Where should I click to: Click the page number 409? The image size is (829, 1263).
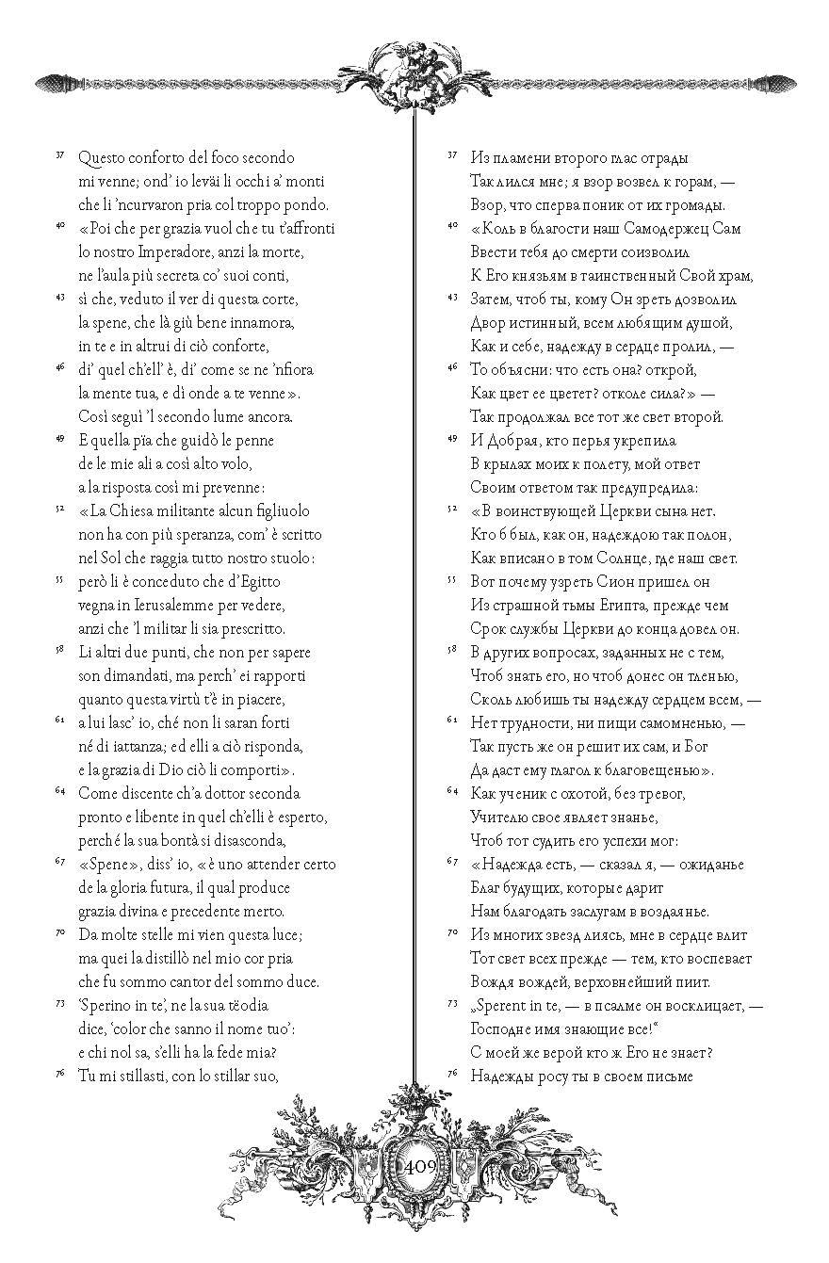[x=418, y=1166]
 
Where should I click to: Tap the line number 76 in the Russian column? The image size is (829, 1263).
[x=451, y=1073]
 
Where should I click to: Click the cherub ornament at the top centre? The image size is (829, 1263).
[x=415, y=72]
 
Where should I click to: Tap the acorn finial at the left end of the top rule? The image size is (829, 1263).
[x=52, y=83]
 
